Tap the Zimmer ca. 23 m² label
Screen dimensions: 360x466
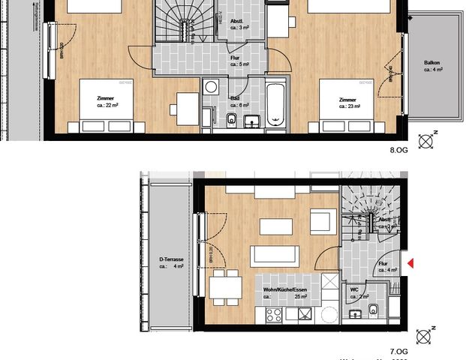click(x=347, y=103)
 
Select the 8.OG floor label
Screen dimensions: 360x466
click(x=398, y=150)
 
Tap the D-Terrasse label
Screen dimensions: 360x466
click(x=172, y=262)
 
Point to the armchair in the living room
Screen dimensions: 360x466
click(x=320, y=223)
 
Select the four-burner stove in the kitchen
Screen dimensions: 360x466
click(x=272, y=314)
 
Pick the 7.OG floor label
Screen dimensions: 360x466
click(x=398, y=350)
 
